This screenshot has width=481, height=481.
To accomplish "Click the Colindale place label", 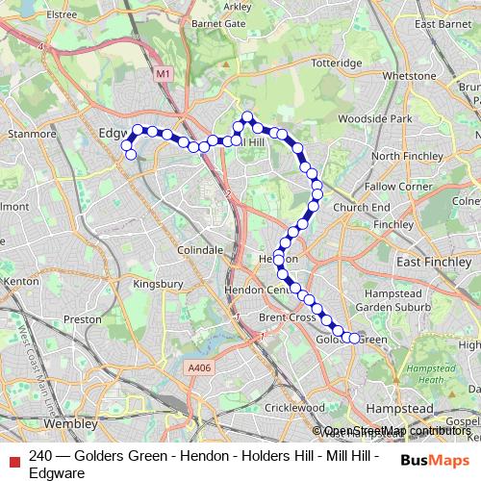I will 200,249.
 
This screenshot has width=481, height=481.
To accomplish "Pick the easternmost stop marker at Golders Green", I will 355,339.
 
